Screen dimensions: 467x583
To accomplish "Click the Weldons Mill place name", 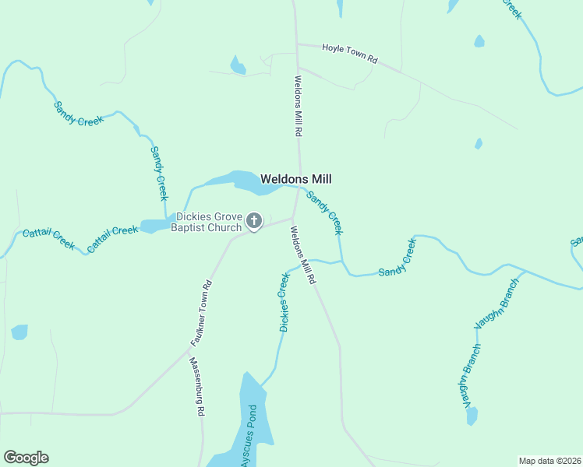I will [x=296, y=178].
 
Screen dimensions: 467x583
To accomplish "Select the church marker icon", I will [x=253, y=222].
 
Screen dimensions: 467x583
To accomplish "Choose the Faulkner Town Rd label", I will [x=201, y=314].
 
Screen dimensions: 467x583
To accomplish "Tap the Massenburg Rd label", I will [x=196, y=387].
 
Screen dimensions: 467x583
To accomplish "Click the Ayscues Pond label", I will [x=249, y=436].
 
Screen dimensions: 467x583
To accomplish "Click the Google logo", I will [x=26, y=458].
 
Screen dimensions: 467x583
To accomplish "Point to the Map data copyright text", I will [x=549, y=461].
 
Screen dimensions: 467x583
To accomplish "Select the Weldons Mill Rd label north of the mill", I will [x=298, y=106].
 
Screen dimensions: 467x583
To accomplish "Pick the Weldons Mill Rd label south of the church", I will [x=302, y=255].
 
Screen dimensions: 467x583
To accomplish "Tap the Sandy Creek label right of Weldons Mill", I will [x=323, y=212].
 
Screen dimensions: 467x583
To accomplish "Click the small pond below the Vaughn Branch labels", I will [x=472, y=416].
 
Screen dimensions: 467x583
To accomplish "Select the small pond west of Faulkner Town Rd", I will [x=19, y=332].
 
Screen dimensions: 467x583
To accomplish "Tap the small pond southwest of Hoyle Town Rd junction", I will [x=238, y=65].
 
